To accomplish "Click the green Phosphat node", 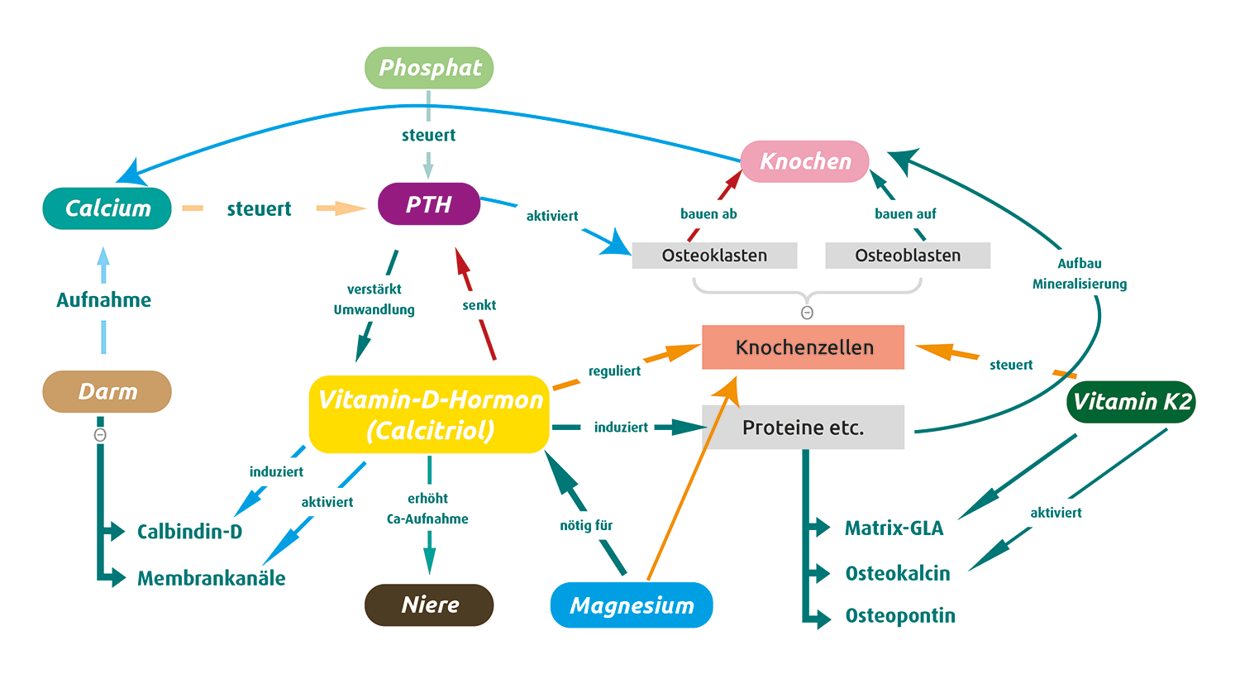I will (429, 68).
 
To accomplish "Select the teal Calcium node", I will (107, 208).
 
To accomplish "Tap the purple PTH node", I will (429, 204).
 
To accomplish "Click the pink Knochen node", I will (805, 161).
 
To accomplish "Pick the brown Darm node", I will (107, 391).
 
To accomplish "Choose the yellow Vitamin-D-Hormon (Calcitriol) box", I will (429, 414).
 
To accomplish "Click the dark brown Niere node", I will (429, 605).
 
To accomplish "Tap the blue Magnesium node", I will (632, 605).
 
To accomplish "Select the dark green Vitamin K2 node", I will (1131, 402).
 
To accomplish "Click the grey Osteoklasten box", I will (714, 256).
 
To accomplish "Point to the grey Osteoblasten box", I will (908, 256).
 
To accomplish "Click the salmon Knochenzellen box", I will (804, 347).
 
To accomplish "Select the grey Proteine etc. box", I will (804, 428).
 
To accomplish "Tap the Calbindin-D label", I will (189, 532).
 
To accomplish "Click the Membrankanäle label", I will (211, 578).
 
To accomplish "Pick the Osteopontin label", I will (900, 616).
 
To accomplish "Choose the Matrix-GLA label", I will (894, 528).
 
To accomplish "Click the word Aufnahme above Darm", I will (103, 300).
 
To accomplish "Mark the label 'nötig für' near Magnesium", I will (586, 525).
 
